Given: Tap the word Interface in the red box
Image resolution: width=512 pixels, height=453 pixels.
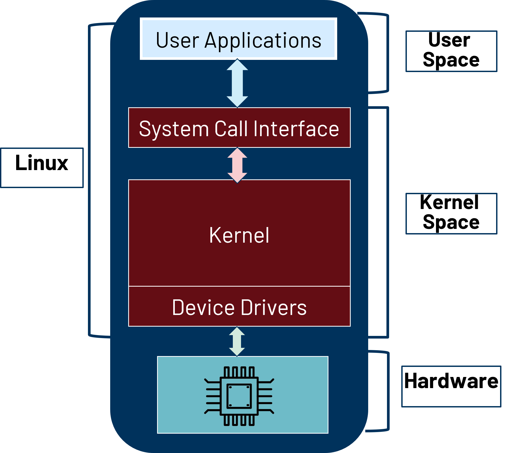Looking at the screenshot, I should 296,128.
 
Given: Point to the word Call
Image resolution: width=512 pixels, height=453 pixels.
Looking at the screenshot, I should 231,128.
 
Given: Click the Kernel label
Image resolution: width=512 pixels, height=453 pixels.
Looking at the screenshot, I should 239,235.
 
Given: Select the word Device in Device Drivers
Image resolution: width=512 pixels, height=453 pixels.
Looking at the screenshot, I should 203,307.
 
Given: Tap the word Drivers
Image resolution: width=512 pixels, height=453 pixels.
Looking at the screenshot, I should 274,307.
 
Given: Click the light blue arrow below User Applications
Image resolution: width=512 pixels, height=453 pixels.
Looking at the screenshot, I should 237,83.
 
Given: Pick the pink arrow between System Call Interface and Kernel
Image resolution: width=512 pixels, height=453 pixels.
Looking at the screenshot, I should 237,165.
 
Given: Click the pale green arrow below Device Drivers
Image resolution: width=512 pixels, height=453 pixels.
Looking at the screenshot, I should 237,341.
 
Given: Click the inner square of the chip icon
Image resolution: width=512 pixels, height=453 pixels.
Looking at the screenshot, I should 239,396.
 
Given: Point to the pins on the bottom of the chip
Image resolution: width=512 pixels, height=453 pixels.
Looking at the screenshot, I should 239,420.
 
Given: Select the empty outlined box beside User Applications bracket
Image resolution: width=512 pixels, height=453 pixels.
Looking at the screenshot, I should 451,51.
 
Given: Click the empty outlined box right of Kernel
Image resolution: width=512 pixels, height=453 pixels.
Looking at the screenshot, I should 451,214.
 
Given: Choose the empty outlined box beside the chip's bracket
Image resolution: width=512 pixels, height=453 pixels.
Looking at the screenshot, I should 451,386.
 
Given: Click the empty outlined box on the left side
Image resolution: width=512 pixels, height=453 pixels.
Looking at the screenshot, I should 42,168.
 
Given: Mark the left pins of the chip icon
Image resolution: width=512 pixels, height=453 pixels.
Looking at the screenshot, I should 212,396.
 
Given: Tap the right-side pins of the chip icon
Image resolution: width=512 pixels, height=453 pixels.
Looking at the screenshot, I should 266,396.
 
